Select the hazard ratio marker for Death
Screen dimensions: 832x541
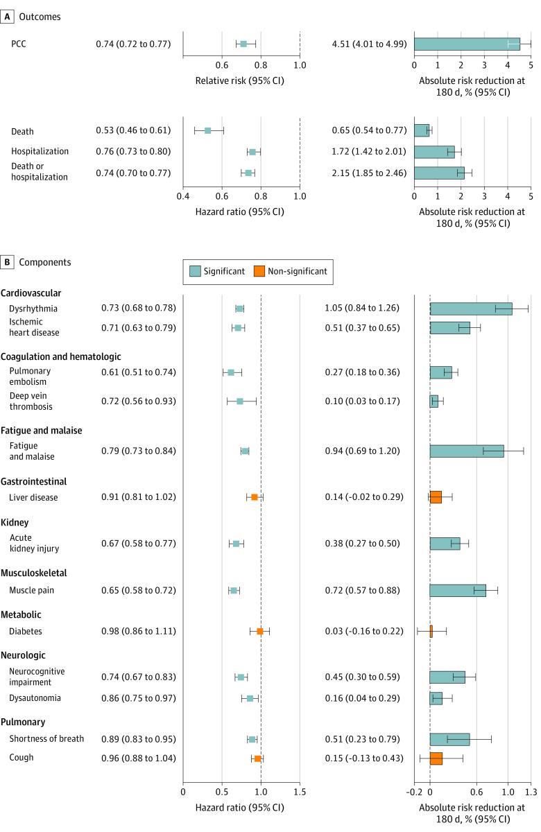(x=207, y=130)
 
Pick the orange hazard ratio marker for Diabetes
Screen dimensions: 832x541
(x=260, y=631)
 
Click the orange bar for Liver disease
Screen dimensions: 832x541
(x=436, y=497)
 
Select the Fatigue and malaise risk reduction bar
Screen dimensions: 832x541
(x=466, y=451)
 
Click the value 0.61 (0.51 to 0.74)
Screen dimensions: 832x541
(x=136, y=372)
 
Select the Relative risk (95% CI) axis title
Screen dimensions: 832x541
(x=241, y=80)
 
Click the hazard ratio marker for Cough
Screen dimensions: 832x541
(x=257, y=759)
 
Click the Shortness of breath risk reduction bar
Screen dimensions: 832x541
(x=449, y=739)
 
